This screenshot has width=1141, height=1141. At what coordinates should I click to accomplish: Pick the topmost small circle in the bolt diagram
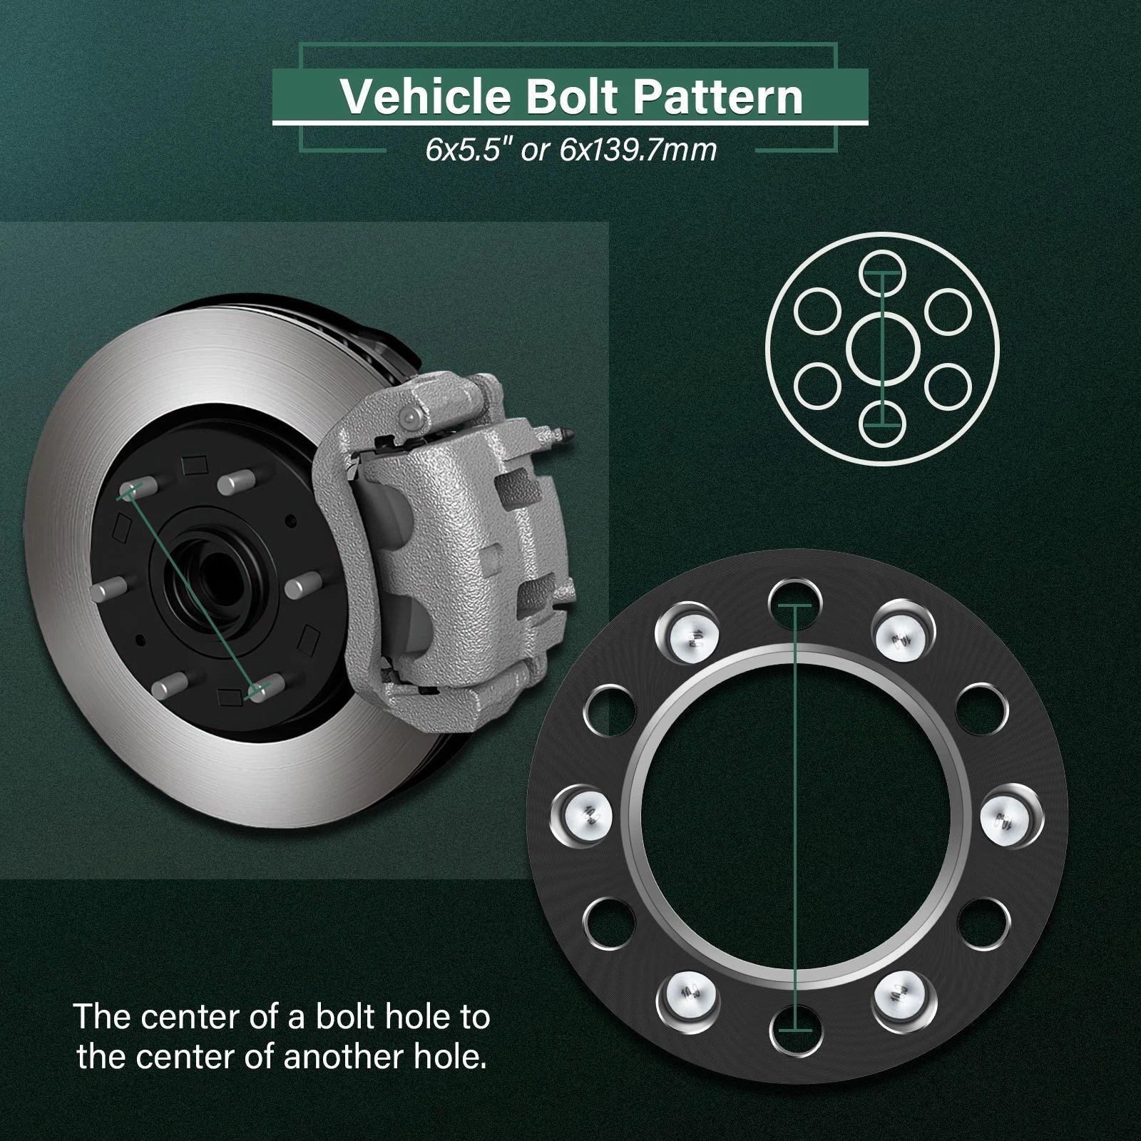(882, 274)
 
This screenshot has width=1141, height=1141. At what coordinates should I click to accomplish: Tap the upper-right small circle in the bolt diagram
(948, 311)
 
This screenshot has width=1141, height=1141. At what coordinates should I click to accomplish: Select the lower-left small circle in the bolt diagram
(817, 386)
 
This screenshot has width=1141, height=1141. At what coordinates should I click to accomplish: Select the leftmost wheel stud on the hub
(109, 590)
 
